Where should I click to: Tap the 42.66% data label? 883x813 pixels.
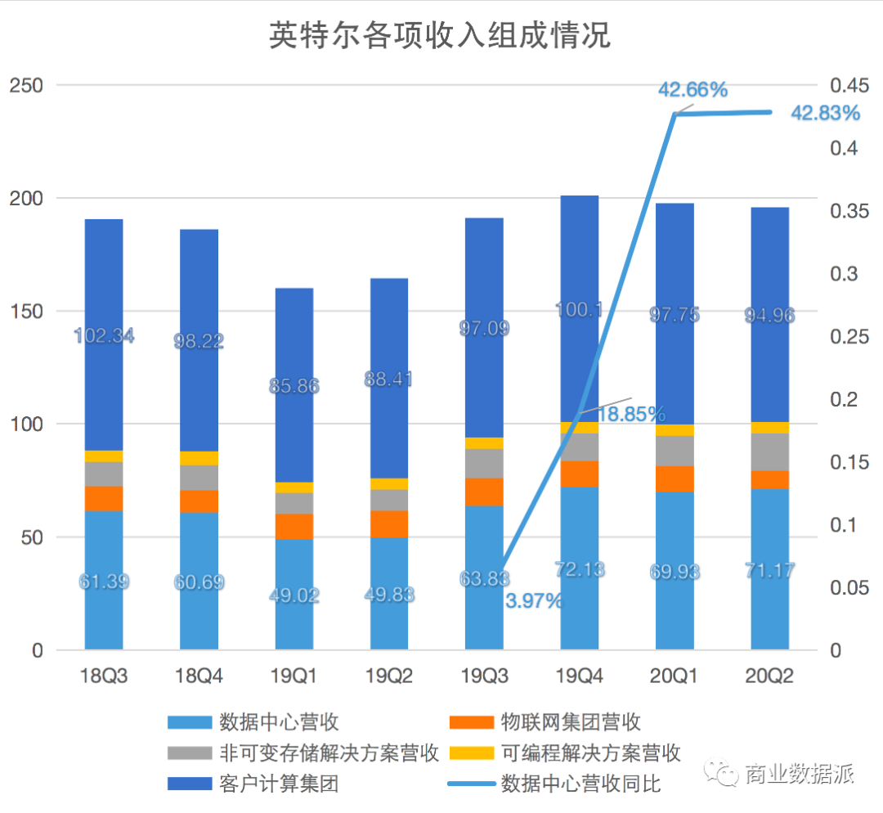tap(693, 90)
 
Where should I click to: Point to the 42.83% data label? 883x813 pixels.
tap(825, 113)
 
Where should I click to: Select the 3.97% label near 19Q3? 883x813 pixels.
tap(534, 601)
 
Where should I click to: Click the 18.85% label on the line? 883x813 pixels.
tap(630, 415)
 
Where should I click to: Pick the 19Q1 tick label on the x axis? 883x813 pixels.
tap(294, 676)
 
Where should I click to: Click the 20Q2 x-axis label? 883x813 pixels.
tap(769, 676)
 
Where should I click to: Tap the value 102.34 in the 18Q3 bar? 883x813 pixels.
tap(104, 335)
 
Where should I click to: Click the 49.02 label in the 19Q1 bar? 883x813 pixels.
tap(294, 595)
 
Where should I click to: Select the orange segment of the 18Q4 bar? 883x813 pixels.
tap(199, 501)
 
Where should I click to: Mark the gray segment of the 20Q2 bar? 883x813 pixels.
tap(769, 451)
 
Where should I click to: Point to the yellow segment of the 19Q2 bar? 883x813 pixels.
tap(388, 483)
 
